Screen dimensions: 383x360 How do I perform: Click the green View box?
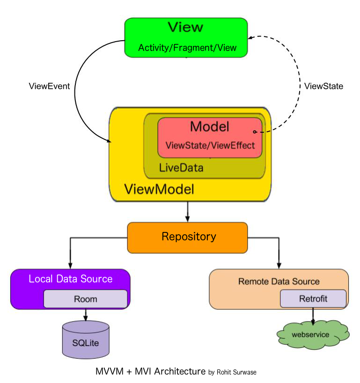186,37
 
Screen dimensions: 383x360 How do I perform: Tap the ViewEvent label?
49,86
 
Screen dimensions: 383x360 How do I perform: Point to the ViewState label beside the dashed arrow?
323,86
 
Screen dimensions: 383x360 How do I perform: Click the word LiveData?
181,167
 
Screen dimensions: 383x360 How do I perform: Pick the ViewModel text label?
159,189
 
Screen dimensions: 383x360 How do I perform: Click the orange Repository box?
187,237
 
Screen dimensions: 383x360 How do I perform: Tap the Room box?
85,299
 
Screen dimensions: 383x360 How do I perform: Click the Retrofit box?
313,298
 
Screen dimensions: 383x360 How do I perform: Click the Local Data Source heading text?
71,279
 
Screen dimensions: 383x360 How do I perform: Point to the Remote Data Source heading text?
279,281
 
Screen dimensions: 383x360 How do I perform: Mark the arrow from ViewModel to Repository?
187,212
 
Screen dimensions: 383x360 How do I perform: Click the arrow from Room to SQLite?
85,314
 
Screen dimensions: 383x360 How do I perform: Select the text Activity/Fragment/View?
187,48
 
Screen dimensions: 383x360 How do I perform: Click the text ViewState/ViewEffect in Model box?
210,145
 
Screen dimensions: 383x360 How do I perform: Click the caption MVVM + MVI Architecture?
150,372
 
